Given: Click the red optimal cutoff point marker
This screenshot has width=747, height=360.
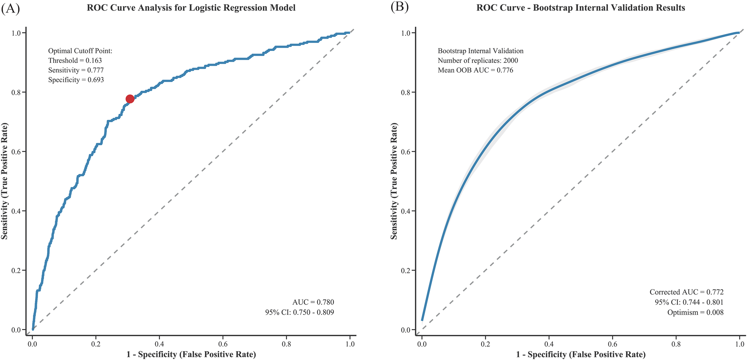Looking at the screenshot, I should [x=130, y=99].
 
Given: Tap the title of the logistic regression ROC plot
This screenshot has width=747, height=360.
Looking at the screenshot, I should [x=191, y=8].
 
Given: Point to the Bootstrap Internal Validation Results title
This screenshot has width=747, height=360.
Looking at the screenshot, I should [x=580, y=8].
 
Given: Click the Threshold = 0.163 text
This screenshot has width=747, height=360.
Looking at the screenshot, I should [x=75, y=61].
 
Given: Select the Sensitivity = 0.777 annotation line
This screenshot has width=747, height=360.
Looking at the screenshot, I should [x=76, y=70].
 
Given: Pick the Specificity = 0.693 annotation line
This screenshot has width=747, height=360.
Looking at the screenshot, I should [x=76, y=80].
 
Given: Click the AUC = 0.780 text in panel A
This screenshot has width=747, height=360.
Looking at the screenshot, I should [x=313, y=303].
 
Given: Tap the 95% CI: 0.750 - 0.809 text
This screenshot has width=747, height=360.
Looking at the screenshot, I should [x=299, y=313].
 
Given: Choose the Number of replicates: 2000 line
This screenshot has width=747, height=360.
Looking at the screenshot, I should [x=478, y=61].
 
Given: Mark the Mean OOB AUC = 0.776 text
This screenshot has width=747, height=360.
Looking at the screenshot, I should [x=475, y=70].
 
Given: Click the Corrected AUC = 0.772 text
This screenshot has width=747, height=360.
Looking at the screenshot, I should [x=686, y=292].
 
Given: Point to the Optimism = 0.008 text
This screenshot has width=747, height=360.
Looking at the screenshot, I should [x=695, y=313].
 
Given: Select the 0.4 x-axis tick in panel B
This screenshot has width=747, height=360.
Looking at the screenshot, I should [x=549, y=344].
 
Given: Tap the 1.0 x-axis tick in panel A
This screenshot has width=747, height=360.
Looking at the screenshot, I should [x=350, y=344].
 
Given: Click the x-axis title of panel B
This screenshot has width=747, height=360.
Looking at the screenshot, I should [x=580, y=355].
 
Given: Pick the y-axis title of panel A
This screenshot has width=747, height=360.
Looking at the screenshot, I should [x=5, y=181].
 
